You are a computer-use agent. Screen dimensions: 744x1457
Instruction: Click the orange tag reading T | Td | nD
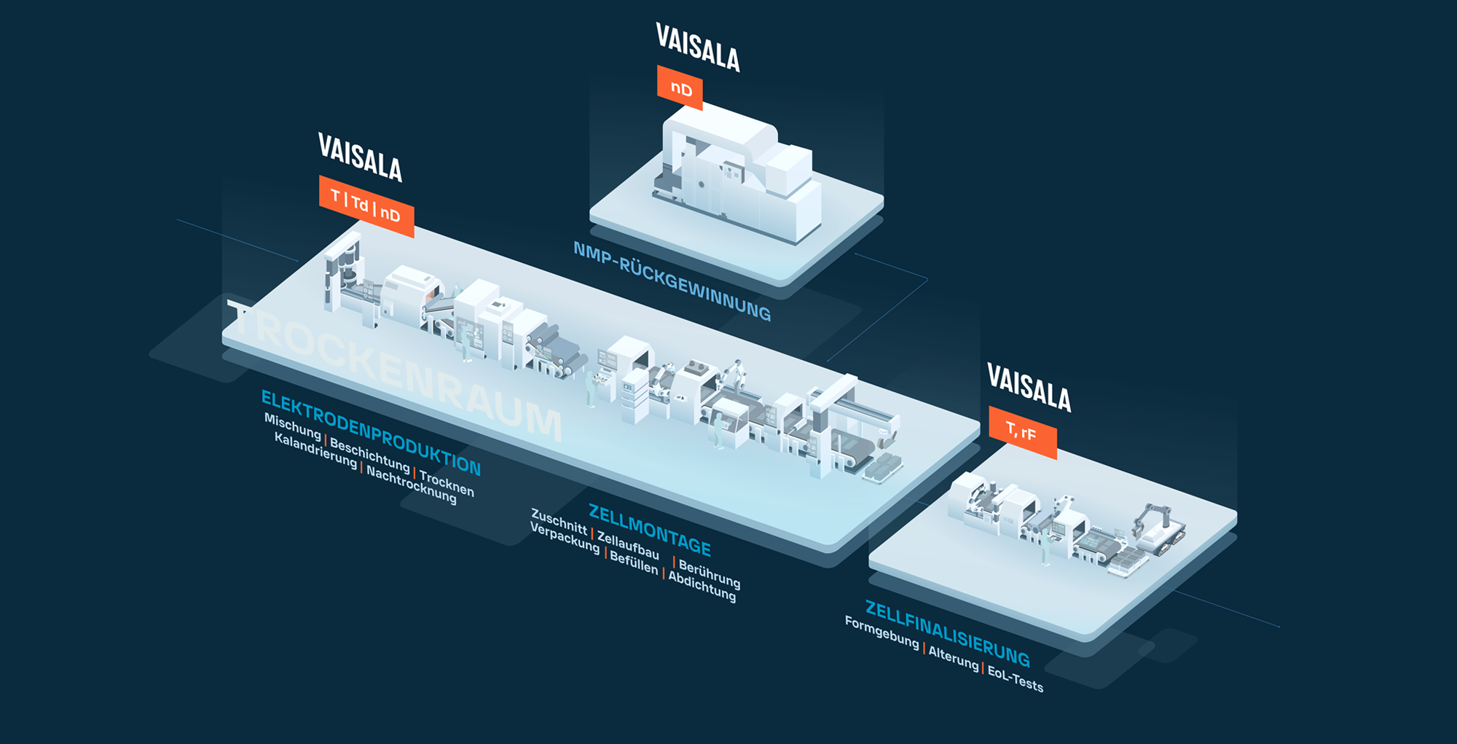366,206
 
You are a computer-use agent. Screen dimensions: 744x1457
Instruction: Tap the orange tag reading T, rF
1022,432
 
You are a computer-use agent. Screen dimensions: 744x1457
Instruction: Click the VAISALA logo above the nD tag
697,47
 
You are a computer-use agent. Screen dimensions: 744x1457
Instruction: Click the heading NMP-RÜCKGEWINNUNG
672,281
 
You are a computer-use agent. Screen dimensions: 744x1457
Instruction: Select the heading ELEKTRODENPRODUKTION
371,432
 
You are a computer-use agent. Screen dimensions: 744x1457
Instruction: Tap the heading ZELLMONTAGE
649,530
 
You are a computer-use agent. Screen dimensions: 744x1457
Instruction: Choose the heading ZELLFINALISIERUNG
947,633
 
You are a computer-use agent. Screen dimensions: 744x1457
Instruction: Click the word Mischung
292,426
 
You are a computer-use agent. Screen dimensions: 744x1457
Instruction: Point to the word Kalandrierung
315,450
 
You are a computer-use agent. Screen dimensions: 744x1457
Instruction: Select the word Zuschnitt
559,521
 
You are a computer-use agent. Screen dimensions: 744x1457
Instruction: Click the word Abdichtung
702,587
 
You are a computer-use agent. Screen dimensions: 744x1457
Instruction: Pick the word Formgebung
881,632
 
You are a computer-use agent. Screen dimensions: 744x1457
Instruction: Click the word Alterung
953,657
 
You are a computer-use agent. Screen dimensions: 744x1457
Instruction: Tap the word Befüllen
634,562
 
